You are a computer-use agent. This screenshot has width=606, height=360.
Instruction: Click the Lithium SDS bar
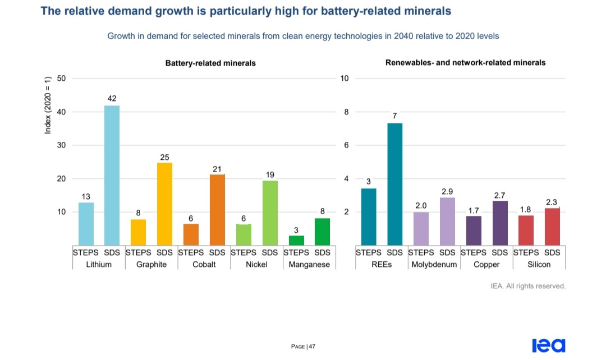[x=112, y=175]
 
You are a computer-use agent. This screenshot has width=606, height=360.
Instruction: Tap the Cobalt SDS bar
[x=217, y=210]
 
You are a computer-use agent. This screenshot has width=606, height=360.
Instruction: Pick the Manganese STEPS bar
[x=296, y=240]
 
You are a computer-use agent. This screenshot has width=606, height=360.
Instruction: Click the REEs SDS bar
[x=394, y=184]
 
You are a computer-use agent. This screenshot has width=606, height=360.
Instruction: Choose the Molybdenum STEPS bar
[x=421, y=228]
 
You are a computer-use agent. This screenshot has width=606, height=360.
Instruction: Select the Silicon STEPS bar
[x=526, y=230]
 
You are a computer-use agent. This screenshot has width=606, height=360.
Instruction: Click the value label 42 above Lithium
[x=112, y=99]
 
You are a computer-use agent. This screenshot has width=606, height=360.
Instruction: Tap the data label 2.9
[x=447, y=191]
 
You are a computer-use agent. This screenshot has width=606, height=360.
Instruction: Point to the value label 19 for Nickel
[x=270, y=174]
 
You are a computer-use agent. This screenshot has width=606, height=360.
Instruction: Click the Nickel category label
[x=256, y=264]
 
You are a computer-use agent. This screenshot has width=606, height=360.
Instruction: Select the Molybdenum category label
[x=434, y=264]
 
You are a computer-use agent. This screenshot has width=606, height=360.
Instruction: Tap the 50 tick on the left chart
[x=61, y=78]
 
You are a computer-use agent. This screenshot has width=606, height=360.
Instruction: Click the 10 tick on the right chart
[x=345, y=78]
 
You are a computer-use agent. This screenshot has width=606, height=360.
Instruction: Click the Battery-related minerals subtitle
[x=210, y=63]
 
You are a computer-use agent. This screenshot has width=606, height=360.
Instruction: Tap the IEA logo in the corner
[x=548, y=345]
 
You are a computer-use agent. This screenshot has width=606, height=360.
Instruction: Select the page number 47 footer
[x=304, y=347]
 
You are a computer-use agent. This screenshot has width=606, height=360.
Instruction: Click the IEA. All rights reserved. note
[x=528, y=286]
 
